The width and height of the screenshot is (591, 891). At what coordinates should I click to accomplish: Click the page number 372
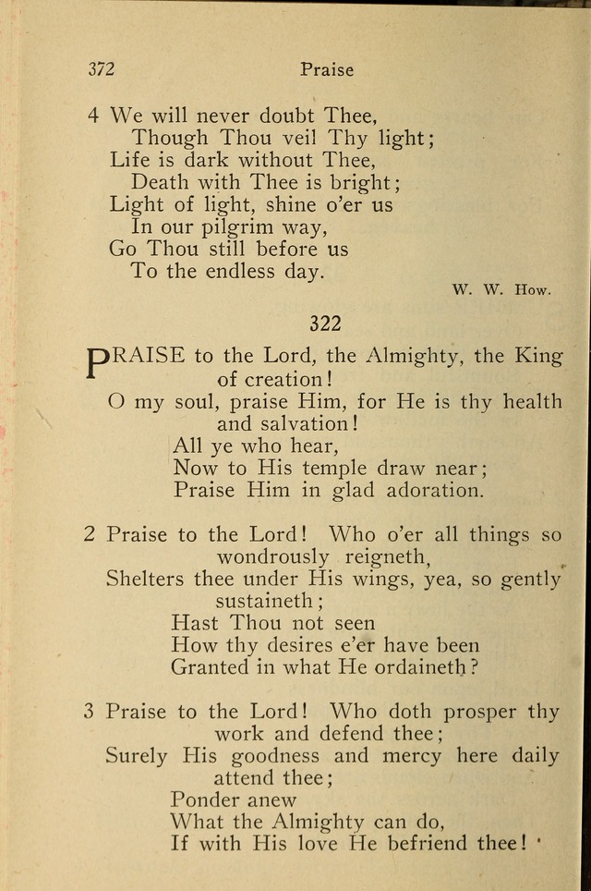coord(102,68)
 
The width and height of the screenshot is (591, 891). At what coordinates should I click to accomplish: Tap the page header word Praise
coord(327,68)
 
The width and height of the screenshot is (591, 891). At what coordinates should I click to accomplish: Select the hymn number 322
coord(325,323)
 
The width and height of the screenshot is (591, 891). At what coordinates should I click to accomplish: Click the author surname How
coord(533,289)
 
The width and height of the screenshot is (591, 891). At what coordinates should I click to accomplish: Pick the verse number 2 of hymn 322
coord(90,534)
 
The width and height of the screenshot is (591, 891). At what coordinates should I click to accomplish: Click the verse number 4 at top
coord(92,116)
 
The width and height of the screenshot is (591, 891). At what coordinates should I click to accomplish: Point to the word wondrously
coord(272,556)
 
